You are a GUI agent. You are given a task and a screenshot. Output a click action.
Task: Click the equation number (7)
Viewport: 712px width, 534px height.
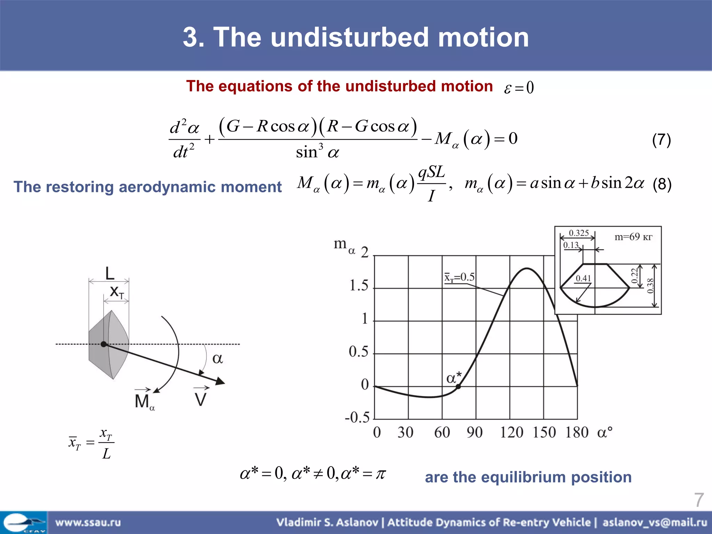point(661,140)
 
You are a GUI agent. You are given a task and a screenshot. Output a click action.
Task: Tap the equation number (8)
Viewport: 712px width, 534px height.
point(662,184)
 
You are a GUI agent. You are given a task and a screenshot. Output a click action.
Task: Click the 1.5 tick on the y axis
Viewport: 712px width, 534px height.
point(359,286)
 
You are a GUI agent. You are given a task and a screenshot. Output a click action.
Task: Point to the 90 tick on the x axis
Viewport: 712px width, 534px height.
point(475,432)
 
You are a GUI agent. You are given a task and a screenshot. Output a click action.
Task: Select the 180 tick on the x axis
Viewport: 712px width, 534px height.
point(577,432)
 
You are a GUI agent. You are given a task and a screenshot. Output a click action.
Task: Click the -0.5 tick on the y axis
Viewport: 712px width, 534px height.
point(357,417)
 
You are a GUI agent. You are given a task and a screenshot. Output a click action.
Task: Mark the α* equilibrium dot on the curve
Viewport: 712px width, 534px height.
point(458,386)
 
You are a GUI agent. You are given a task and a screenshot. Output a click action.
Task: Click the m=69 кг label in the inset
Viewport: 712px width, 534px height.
point(633,237)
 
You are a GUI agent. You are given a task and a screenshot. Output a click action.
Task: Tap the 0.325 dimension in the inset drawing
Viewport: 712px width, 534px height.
point(578,233)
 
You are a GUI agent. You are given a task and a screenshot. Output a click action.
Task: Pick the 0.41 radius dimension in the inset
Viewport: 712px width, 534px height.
point(583,278)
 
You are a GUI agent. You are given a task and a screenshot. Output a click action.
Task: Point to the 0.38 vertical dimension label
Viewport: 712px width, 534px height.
point(650,286)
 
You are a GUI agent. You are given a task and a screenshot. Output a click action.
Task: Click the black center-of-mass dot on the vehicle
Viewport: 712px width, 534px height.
point(104,344)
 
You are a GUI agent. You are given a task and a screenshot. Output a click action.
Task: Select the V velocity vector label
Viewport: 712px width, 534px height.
point(201,399)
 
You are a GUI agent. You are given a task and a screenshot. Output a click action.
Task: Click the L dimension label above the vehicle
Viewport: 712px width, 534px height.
point(110,273)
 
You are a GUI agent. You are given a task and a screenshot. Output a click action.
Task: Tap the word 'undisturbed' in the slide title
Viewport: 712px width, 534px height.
point(349,37)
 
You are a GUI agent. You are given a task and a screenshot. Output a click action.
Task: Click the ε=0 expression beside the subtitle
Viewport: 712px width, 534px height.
point(519,87)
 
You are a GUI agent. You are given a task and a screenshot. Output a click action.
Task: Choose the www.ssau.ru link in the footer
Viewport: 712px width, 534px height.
point(88,522)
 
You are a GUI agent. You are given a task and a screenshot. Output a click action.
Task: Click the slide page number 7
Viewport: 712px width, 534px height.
point(699,500)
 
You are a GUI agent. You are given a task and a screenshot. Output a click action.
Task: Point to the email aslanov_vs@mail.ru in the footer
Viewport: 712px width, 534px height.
point(655,522)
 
